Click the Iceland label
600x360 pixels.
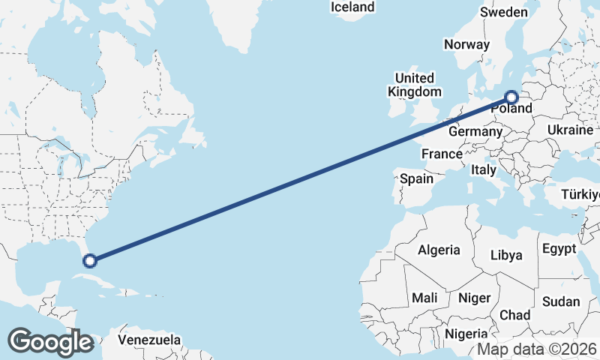pyautogui.click(x=352, y=7)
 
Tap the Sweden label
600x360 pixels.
pyautogui.click(x=504, y=12)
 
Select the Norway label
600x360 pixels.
pyautogui.click(x=466, y=44)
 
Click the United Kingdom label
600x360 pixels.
pyautogui.click(x=414, y=85)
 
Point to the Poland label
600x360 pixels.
pyautogui.click(x=512, y=109)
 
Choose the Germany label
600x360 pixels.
pyautogui.click(x=475, y=131)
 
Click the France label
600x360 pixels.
pyautogui.click(x=441, y=154)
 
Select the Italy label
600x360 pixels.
pyautogui.click(x=484, y=170)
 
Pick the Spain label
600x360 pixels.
pyautogui.click(x=416, y=178)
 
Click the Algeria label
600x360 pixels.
pyautogui.click(x=439, y=250)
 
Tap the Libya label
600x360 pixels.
pyautogui.click(x=505, y=255)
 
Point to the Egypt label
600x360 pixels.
pyautogui.click(x=559, y=248)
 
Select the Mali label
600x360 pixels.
pyautogui.click(x=424, y=298)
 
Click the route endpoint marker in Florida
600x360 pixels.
pyautogui.click(x=90, y=261)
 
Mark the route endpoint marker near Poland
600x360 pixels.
pyautogui.click(x=511, y=97)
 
